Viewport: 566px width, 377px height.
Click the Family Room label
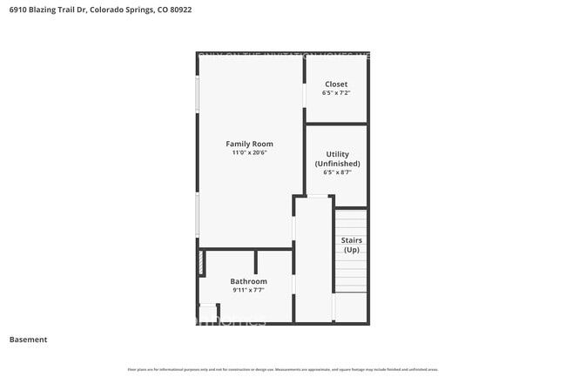click(249, 144)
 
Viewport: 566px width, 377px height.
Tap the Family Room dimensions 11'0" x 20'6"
click(249, 153)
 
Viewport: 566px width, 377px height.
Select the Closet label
click(335, 84)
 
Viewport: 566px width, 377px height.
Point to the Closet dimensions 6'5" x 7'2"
click(335, 92)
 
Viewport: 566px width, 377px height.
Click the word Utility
click(337, 154)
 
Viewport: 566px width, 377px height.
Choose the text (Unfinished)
click(337, 164)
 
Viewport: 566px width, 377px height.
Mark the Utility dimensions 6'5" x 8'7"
click(337, 172)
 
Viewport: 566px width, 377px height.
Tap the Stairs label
click(351, 240)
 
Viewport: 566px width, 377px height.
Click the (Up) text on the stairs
click(351, 250)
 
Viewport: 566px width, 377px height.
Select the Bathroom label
click(248, 281)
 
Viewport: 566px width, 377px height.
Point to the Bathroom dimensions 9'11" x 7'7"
click(248, 290)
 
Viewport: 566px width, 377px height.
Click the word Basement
click(28, 340)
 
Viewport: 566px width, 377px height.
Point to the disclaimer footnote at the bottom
click(283, 369)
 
